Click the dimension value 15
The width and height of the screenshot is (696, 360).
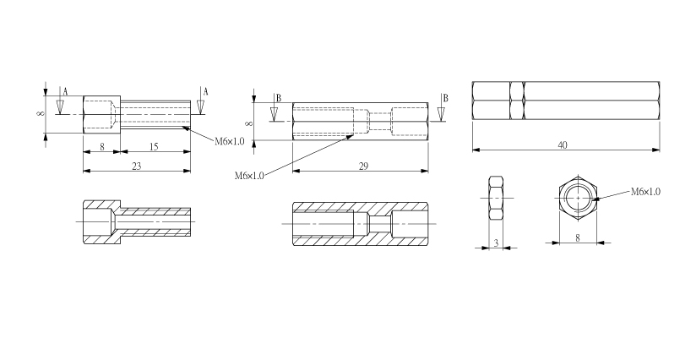tap(154, 146)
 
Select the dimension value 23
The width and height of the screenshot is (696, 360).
tap(137, 166)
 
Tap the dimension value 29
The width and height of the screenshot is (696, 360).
tap(363, 166)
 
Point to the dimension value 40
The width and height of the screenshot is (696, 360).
tap(563, 145)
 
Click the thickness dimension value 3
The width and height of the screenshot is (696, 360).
tap(497, 243)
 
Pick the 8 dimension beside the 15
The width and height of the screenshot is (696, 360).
tap(102, 146)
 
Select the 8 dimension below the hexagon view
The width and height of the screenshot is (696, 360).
tap(578, 238)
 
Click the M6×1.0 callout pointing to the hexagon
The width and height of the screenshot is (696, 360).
tap(645, 192)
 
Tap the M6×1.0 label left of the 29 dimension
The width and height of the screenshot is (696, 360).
tap(249, 176)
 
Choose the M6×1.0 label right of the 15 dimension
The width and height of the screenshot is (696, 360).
tap(230, 142)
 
